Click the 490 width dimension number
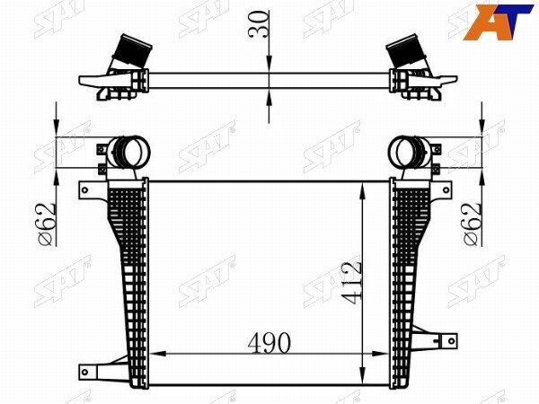[x=269, y=343]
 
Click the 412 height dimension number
[x=351, y=283]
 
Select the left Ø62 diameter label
[x=46, y=224]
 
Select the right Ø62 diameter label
[x=472, y=224]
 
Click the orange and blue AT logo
[x=498, y=22]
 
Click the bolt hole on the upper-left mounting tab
[x=84, y=190]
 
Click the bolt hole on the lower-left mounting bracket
[x=84, y=372]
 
